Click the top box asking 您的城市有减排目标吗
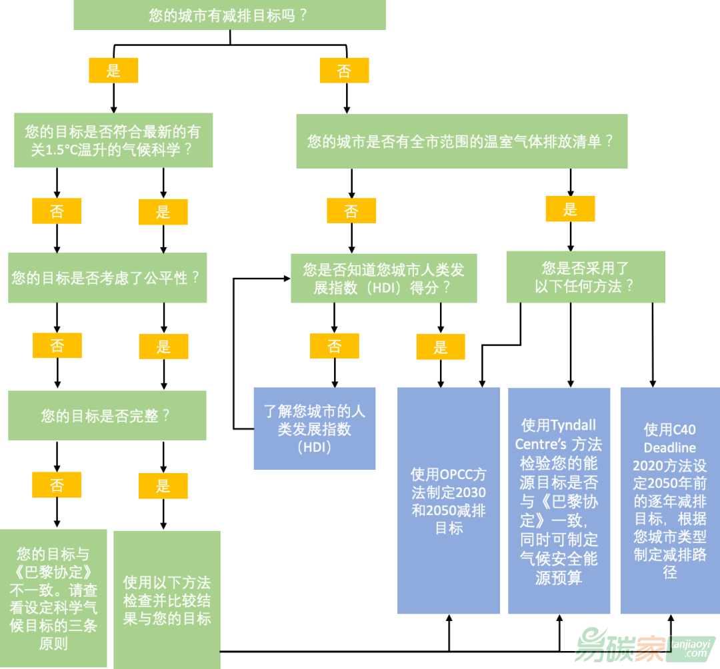click(x=229, y=15)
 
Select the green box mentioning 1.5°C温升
click(x=113, y=141)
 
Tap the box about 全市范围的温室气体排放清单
click(x=461, y=141)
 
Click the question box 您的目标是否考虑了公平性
click(x=107, y=278)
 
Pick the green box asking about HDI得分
click(x=383, y=279)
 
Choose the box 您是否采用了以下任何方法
click(x=585, y=277)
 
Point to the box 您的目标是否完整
click(x=107, y=416)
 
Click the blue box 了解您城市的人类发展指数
click(x=314, y=428)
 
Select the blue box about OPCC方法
click(x=449, y=501)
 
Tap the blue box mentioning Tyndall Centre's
click(x=559, y=501)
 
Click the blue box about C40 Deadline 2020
click(x=669, y=501)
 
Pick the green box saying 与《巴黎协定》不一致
click(x=53, y=598)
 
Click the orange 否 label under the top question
click(x=344, y=71)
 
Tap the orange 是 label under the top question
click(x=113, y=71)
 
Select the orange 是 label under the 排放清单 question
click(x=570, y=209)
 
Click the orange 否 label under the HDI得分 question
click(x=334, y=346)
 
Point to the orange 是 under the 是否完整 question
click(x=163, y=486)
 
